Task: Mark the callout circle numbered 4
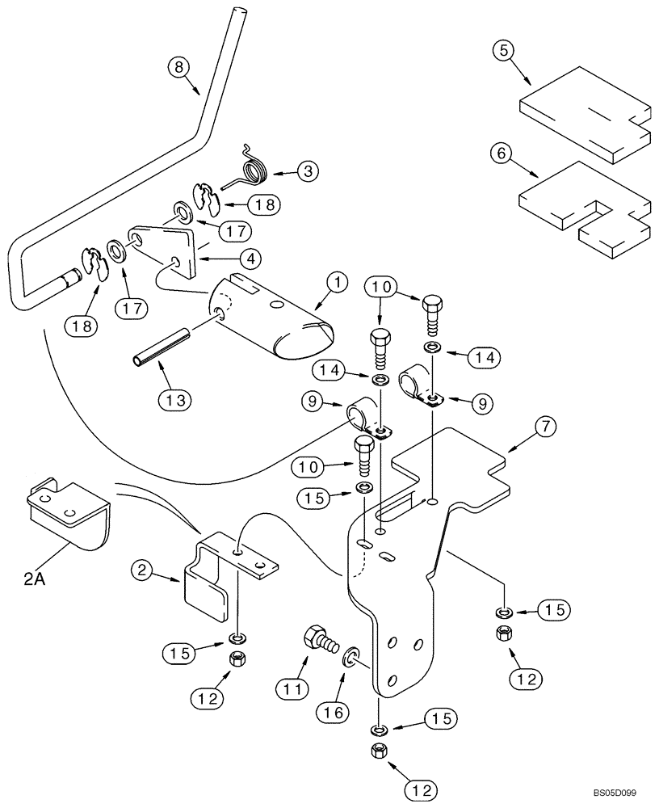coord(250,259)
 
